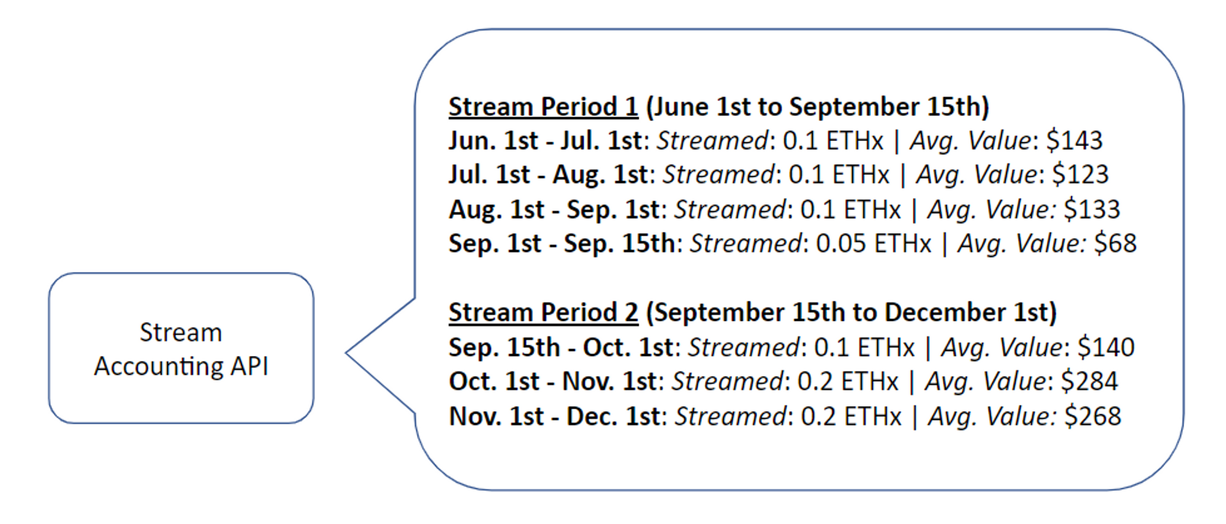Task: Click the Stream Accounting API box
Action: point(181,349)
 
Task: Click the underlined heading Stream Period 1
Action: point(543,107)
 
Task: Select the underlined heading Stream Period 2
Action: point(543,312)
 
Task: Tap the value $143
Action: point(1074,141)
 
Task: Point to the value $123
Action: point(1080,175)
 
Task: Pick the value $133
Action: point(1092,209)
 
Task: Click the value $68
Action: point(1115,244)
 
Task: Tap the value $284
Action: point(1089,381)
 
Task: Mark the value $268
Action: point(1092,416)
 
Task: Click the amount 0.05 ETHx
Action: point(874,244)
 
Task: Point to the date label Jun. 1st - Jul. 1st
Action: point(545,141)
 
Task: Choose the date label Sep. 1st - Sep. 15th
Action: point(562,244)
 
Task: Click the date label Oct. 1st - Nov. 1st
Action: point(552,381)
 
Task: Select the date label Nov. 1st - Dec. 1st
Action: point(554,416)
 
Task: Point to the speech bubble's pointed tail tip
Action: point(348,353)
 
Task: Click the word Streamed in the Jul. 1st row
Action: point(718,175)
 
